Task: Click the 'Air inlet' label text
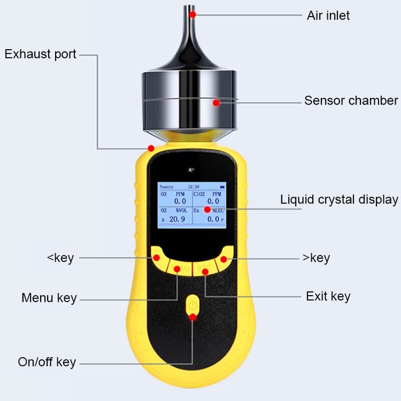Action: coord(328,16)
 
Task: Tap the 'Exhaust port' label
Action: coord(41,54)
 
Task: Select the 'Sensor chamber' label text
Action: coord(351,101)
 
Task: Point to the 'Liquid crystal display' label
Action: coord(339,199)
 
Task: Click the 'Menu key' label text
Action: coord(49,298)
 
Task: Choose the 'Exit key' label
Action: coord(328,296)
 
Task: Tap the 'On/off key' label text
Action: coord(47,362)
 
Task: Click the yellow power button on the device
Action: coord(192,304)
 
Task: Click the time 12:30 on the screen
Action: coord(193,186)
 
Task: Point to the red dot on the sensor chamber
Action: coord(216,103)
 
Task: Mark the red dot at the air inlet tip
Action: coord(192,15)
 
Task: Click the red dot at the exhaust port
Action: coord(151,148)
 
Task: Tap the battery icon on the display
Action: coord(222,186)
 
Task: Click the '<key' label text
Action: coord(60,258)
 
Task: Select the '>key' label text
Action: coord(316,258)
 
